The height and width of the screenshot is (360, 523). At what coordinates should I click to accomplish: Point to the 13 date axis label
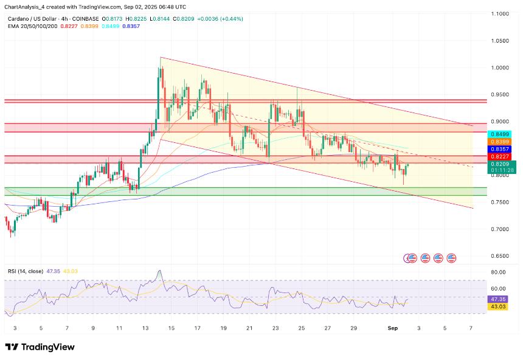(x=146, y=328)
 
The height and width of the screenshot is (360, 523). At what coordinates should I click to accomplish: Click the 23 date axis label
(x=275, y=328)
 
